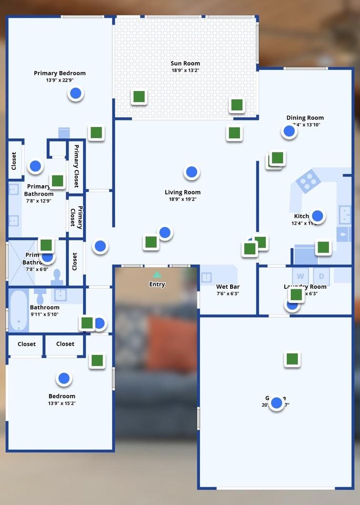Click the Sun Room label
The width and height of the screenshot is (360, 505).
click(x=185, y=63)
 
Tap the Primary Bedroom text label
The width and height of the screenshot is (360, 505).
click(x=59, y=73)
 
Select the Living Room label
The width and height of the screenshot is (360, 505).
click(x=183, y=192)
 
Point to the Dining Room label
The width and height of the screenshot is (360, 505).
click(x=305, y=118)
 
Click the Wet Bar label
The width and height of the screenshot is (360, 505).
click(x=228, y=287)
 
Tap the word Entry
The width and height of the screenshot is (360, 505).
click(x=157, y=284)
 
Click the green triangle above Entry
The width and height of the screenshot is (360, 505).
click(x=157, y=274)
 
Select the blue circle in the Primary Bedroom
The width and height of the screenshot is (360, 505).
click(x=76, y=94)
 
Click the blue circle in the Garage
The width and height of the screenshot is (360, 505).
click(x=276, y=403)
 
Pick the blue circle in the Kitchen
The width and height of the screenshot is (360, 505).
click(x=317, y=216)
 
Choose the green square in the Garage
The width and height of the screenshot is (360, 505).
click(x=292, y=359)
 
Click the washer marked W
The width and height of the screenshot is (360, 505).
click(x=301, y=276)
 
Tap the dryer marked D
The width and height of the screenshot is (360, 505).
click(x=321, y=276)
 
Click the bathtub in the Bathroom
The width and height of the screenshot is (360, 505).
click(x=19, y=311)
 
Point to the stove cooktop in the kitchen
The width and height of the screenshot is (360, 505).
click(x=308, y=181)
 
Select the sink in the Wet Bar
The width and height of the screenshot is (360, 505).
click(x=206, y=277)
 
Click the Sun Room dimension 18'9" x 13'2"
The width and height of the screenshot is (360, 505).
click(x=185, y=70)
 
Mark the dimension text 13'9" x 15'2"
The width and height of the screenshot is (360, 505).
click(x=62, y=403)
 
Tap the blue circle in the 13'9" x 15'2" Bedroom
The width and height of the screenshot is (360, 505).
click(x=64, y=378)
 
